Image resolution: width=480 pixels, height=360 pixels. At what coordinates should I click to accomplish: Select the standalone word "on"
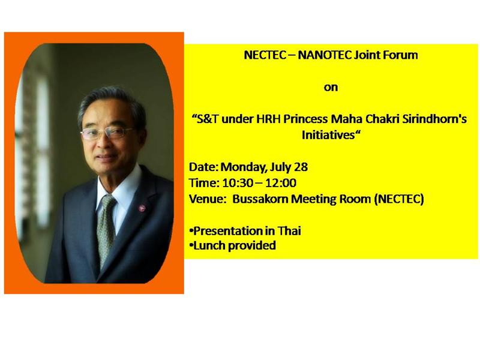331,88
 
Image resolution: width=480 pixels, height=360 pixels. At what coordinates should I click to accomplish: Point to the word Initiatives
328,134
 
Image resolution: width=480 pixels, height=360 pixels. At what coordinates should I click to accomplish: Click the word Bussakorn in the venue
260,199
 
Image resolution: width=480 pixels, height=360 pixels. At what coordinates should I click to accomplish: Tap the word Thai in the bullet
289,231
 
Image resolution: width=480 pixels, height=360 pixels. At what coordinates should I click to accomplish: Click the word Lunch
209,245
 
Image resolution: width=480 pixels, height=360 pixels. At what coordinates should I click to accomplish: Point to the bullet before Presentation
191,230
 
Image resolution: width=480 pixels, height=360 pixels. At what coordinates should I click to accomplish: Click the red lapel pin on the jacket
142,208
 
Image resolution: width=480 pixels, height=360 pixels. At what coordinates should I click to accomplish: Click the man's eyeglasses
107,133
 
